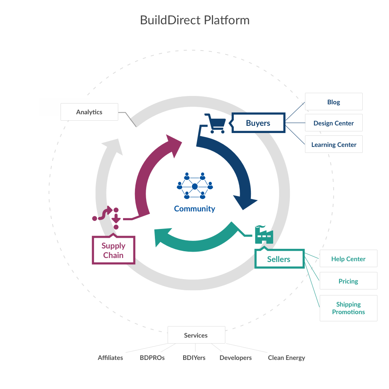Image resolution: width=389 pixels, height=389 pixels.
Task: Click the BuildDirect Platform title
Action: tap(195, 20)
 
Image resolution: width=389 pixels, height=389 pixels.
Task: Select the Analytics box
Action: tap(89, 112)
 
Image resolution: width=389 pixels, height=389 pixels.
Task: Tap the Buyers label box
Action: tap(258, 123)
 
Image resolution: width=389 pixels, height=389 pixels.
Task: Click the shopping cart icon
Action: tap(214, 123)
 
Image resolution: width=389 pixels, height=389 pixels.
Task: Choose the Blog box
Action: tap(334, 102)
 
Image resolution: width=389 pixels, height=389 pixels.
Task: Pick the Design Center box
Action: tap(334, 123)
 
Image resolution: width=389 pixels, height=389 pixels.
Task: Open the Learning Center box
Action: tap(334, 145)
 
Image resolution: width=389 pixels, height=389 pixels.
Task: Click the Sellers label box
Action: tap(279, 259)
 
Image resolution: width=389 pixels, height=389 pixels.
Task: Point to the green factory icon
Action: tap(264, 235)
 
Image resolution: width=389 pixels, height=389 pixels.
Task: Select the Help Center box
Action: tap(348, 259)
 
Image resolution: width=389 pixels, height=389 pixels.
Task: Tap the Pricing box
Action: tap(348, 281)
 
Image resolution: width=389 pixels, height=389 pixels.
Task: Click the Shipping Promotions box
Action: tap(348, 308)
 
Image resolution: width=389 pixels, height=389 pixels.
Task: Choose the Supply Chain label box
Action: tap(113, 250)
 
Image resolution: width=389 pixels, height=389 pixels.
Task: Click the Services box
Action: tap(196, 335)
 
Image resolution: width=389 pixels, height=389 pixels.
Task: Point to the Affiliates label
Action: tap(110, 358)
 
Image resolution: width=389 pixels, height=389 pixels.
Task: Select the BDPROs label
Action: tap(152, 358)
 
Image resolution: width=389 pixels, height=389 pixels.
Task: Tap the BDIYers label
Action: tap(194, 358)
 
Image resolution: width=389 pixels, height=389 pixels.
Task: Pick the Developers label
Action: tap(236, 358)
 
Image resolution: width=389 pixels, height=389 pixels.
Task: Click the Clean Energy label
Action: tap(286, 358)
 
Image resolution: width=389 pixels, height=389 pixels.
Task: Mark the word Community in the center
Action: tap(194, 209)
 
